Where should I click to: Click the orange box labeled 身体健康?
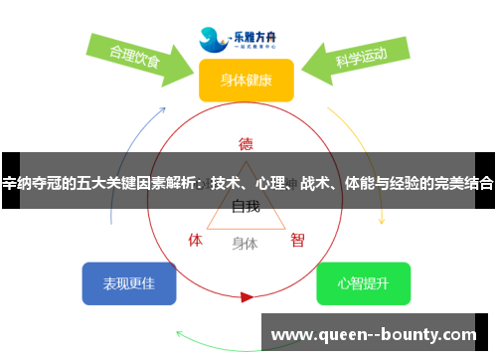pyautogui.click(x=246, y=80)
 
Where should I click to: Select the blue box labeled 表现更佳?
pyautogui.click(x=129, y=283)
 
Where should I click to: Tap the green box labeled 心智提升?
pyautogui.click(x=363, y=283)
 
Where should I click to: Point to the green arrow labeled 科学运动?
pyautogui.click(x=358, y=60)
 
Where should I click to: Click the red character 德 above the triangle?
pyautogui.click(x=246, y=143)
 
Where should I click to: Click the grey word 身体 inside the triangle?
pyautogui.click(x=245, y=243)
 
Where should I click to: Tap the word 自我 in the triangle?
pyautogui.click(x=246, y=207)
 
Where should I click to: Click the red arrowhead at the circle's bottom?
pyautogui.click(x=247, y=296)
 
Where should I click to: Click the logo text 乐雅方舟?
pyautogui.click(x=257, y=33)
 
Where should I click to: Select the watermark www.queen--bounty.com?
pyautogui.click(x=374, y=336)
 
